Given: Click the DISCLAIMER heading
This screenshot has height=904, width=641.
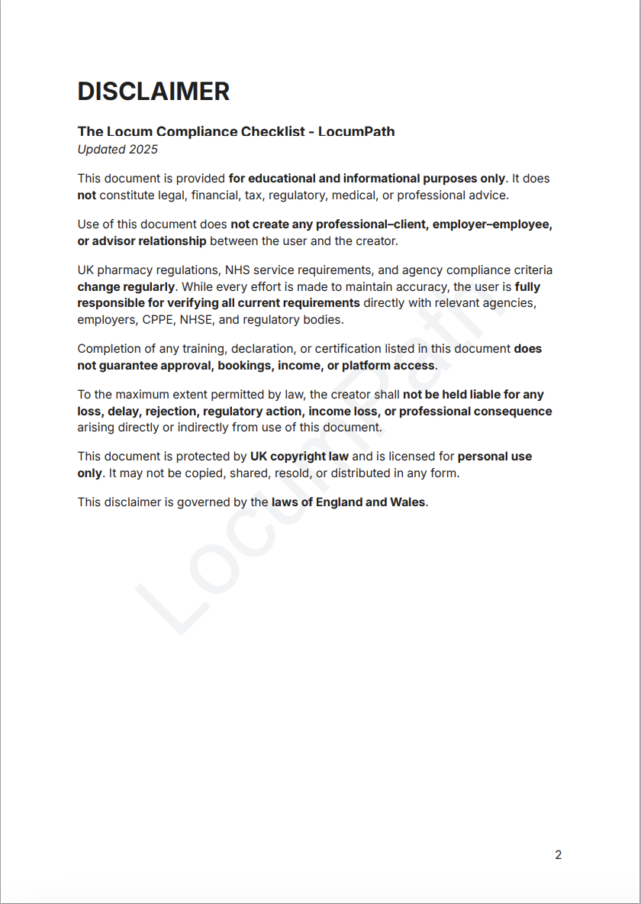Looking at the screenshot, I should pyautogui.click(x=153, y=92).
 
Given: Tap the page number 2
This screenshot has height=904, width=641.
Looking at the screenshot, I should pyautogui.click(x=558, y=854).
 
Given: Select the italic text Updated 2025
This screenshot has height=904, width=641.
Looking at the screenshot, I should pyautogui.click(x=118, y=149).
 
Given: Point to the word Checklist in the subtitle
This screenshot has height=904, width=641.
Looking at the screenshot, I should pyautogui.click(x=272, y=131).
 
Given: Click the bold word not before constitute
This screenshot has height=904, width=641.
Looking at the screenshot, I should pyautogui.click(x=86, y=195).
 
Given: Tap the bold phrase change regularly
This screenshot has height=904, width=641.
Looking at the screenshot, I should pyautogui.click(x=126, y=287).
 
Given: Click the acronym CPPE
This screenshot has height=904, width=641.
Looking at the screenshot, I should pyautogui.click(x=158, y=320).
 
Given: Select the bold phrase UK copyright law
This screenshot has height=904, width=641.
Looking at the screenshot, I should pyautogui.click(x=299, y=457).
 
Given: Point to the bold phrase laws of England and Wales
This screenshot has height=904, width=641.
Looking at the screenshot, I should pyautogui.click(x=348, y=502).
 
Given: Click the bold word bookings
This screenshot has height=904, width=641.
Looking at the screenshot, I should pyautogui.click(x=245, y=365).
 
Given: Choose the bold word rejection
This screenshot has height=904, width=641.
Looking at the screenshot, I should pyautogui.click(x=171, y=411).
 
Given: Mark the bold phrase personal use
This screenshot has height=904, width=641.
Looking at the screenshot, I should pyautogui.click(x=494, y=457).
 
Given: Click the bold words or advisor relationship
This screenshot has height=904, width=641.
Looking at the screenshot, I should pyautogui.click(x=141, y=241).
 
